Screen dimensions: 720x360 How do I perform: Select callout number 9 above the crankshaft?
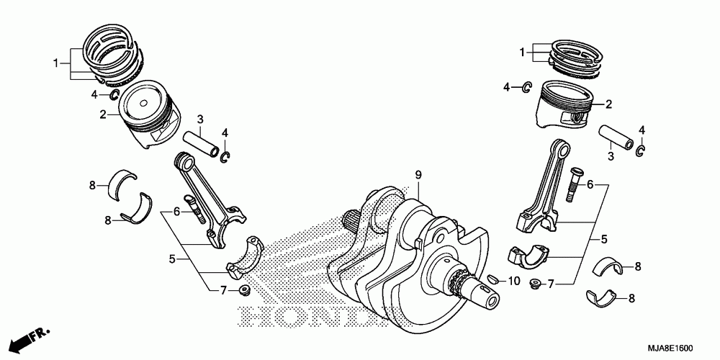click(417, 175)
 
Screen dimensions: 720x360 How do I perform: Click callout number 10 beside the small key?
click(513, 279)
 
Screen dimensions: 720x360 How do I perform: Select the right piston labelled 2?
click(566, 108)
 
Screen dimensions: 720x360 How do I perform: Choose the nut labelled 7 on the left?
click(244, 291)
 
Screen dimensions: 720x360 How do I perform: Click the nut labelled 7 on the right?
click(536, 283)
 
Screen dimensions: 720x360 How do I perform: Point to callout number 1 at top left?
click(55, 63)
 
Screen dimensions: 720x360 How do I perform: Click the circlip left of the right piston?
click(526, 87)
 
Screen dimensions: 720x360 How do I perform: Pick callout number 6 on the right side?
click(590, 184)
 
